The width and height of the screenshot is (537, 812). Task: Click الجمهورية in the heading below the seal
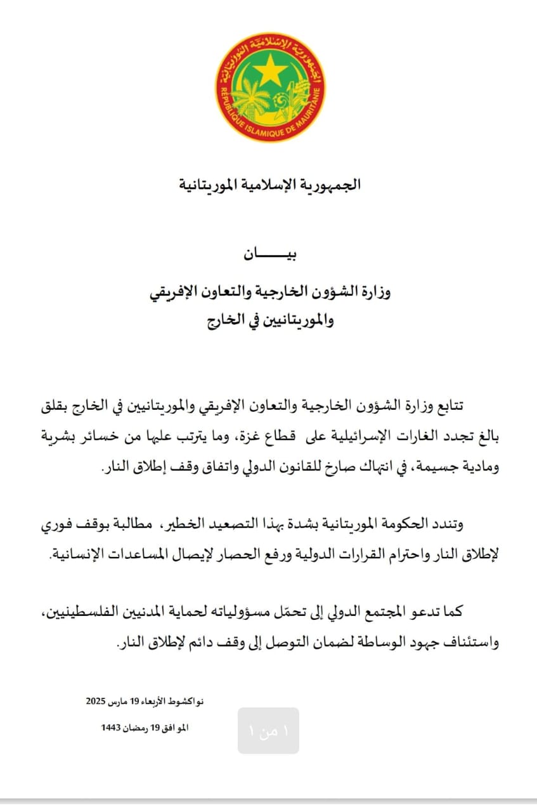[330, 185]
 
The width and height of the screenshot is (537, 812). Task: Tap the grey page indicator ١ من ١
[268, 731]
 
